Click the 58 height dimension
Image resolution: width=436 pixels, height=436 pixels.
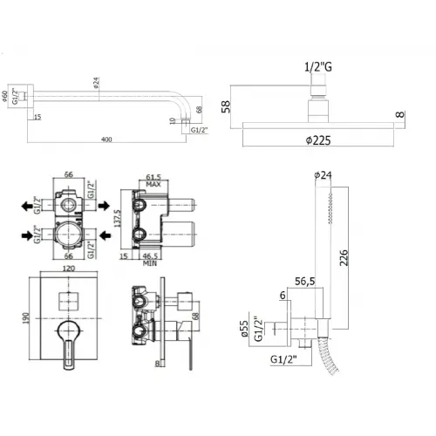pyautogui.click(x=227, y=106)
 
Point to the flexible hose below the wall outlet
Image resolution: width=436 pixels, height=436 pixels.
pyautogui.click(x=330, y=367)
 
